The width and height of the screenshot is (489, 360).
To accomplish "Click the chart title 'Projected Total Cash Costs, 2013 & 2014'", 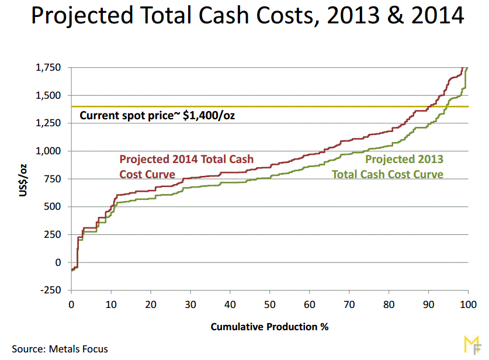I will tap(247, 16).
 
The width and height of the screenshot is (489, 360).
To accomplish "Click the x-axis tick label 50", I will tap(270, 304).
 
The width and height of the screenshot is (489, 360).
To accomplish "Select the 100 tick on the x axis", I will tap(468, 304).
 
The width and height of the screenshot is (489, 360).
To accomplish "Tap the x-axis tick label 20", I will tap(151, 304).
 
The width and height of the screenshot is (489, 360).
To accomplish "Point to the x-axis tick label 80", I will tap(389, 304).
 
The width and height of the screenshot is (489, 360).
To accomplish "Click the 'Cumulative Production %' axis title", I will tap(269, 327).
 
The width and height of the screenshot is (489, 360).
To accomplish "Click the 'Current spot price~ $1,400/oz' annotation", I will tap(158, 115).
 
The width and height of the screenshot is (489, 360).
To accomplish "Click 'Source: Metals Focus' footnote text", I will tap(60, 349).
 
